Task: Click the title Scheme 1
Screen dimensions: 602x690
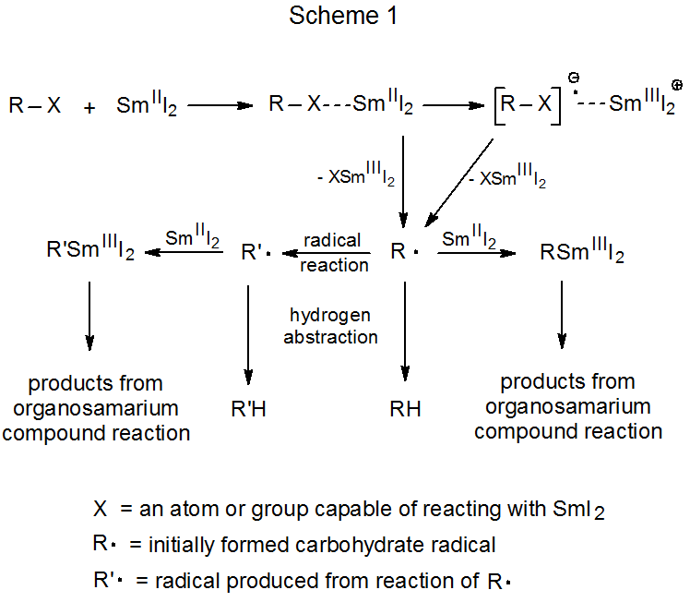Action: [x=344, y=16]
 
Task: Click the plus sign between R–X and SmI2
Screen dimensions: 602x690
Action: [x=89, y=107]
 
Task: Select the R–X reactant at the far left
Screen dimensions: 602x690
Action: [x=35, y=106]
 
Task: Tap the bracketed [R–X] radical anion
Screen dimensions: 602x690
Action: [x=525, y=104]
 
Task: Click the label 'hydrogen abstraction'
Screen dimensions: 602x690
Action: [x=330, y=327]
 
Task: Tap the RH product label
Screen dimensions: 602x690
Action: [x=404, y=407]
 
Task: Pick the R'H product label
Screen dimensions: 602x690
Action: [x=249, y=407]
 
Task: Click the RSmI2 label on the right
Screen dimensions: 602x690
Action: [x=582, y=253]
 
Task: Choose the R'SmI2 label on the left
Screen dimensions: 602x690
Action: [x=89, y=250]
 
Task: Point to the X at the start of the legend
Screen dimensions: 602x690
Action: [x=100, y=508]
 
